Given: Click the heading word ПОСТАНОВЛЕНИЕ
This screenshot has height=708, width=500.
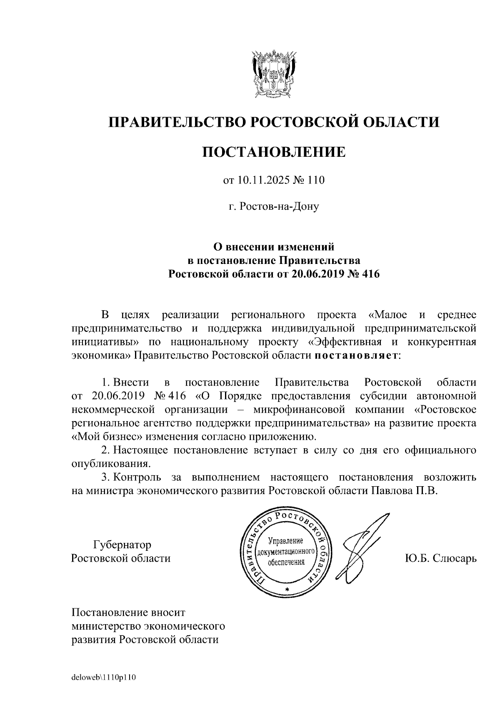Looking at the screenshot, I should click(274, 152).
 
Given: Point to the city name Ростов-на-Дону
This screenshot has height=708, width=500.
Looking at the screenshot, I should click(274, 206).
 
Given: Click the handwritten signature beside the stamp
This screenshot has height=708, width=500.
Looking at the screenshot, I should click(360, 546).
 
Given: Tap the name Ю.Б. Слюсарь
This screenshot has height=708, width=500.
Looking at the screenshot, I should click(440, 558).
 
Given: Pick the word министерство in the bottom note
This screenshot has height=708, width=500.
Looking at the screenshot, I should click(105, 626).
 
